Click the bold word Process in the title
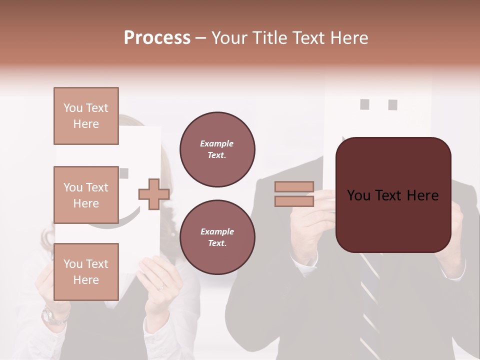click(157, 38)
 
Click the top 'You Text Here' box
click(86, 116)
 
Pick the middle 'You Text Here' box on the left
click(86, 195)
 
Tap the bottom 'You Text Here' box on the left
click(86, 272)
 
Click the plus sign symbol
click(154, 194)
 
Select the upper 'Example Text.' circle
click(217, 149)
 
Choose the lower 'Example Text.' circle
click(217, 237)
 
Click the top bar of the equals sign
click(294, 187)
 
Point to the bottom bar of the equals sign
click(294, 201)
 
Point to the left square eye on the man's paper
click(364, 104)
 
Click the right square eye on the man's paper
click(392, 105)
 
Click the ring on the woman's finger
click(161, 288)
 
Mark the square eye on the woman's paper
click(124, 173)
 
